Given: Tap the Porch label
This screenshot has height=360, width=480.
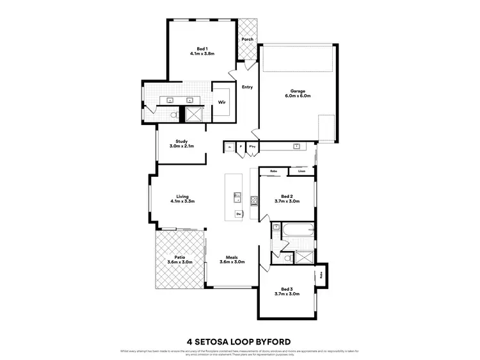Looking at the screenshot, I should [247, 40].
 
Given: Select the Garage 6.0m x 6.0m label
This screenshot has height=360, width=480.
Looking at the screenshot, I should [298, 94].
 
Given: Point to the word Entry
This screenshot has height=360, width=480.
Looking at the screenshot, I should [247, 87].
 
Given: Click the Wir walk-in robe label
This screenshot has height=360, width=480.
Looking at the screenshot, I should [221, 102].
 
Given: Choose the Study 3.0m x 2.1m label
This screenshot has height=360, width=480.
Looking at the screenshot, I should [181, 144].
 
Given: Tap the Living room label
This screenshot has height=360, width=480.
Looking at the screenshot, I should [182, 199].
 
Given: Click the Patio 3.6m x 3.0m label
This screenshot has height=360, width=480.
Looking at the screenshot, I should [180, 259].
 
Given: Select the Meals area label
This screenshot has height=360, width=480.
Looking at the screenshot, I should [232, 259].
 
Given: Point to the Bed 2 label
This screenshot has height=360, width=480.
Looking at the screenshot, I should [287, 199].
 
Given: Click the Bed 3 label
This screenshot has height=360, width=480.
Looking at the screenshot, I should [287, 290].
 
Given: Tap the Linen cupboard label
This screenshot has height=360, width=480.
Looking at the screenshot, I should [301, 172].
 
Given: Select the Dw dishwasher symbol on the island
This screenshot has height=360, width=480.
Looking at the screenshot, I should [238, 213].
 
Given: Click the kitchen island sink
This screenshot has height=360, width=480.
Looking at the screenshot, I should [237, 196].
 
